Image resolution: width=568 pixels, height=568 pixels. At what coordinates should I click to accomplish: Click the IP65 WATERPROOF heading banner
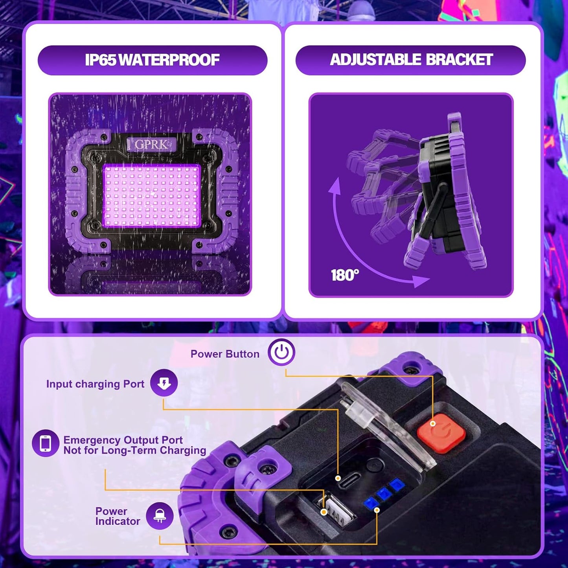tap(153, 60)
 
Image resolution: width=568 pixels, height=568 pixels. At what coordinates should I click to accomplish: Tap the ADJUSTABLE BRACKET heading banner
tap(411, 60)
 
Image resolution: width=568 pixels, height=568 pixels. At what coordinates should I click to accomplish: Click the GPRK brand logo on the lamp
tap(151, 144)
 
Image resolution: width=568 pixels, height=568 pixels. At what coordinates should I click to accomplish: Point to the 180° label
tap(345, 275)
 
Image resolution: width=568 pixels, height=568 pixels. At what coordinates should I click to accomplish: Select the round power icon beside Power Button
tap(281, 352)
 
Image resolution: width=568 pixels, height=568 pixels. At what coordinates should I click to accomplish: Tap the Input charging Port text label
tap(95, 384)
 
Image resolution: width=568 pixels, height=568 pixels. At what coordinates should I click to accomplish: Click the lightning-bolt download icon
tap(164, 383)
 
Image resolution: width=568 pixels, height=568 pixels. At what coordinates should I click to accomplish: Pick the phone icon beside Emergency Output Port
tap(46, 443)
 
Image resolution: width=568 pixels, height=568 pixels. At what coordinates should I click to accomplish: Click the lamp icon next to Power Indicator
tap(160, 516)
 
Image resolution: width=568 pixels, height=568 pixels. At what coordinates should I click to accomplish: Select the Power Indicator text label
tap(117, 516)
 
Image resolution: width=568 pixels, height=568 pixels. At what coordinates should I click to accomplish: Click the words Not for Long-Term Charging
tap(135, 450)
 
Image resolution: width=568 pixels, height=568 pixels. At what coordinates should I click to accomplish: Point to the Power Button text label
tap(225, 354)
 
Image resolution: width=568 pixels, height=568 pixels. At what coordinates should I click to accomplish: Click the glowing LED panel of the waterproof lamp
tap(152, 196)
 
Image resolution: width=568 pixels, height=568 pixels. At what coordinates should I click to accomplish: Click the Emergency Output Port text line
tap(123, 440)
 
